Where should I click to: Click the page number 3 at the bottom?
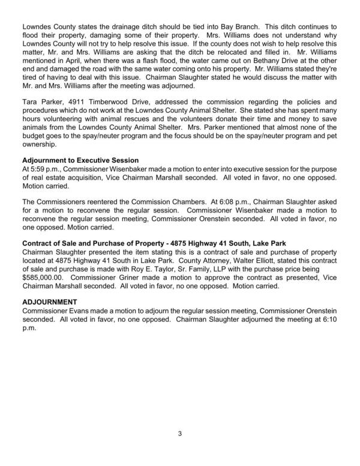(x=179, y=432)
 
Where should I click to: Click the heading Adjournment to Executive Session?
(x=80, y=160)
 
